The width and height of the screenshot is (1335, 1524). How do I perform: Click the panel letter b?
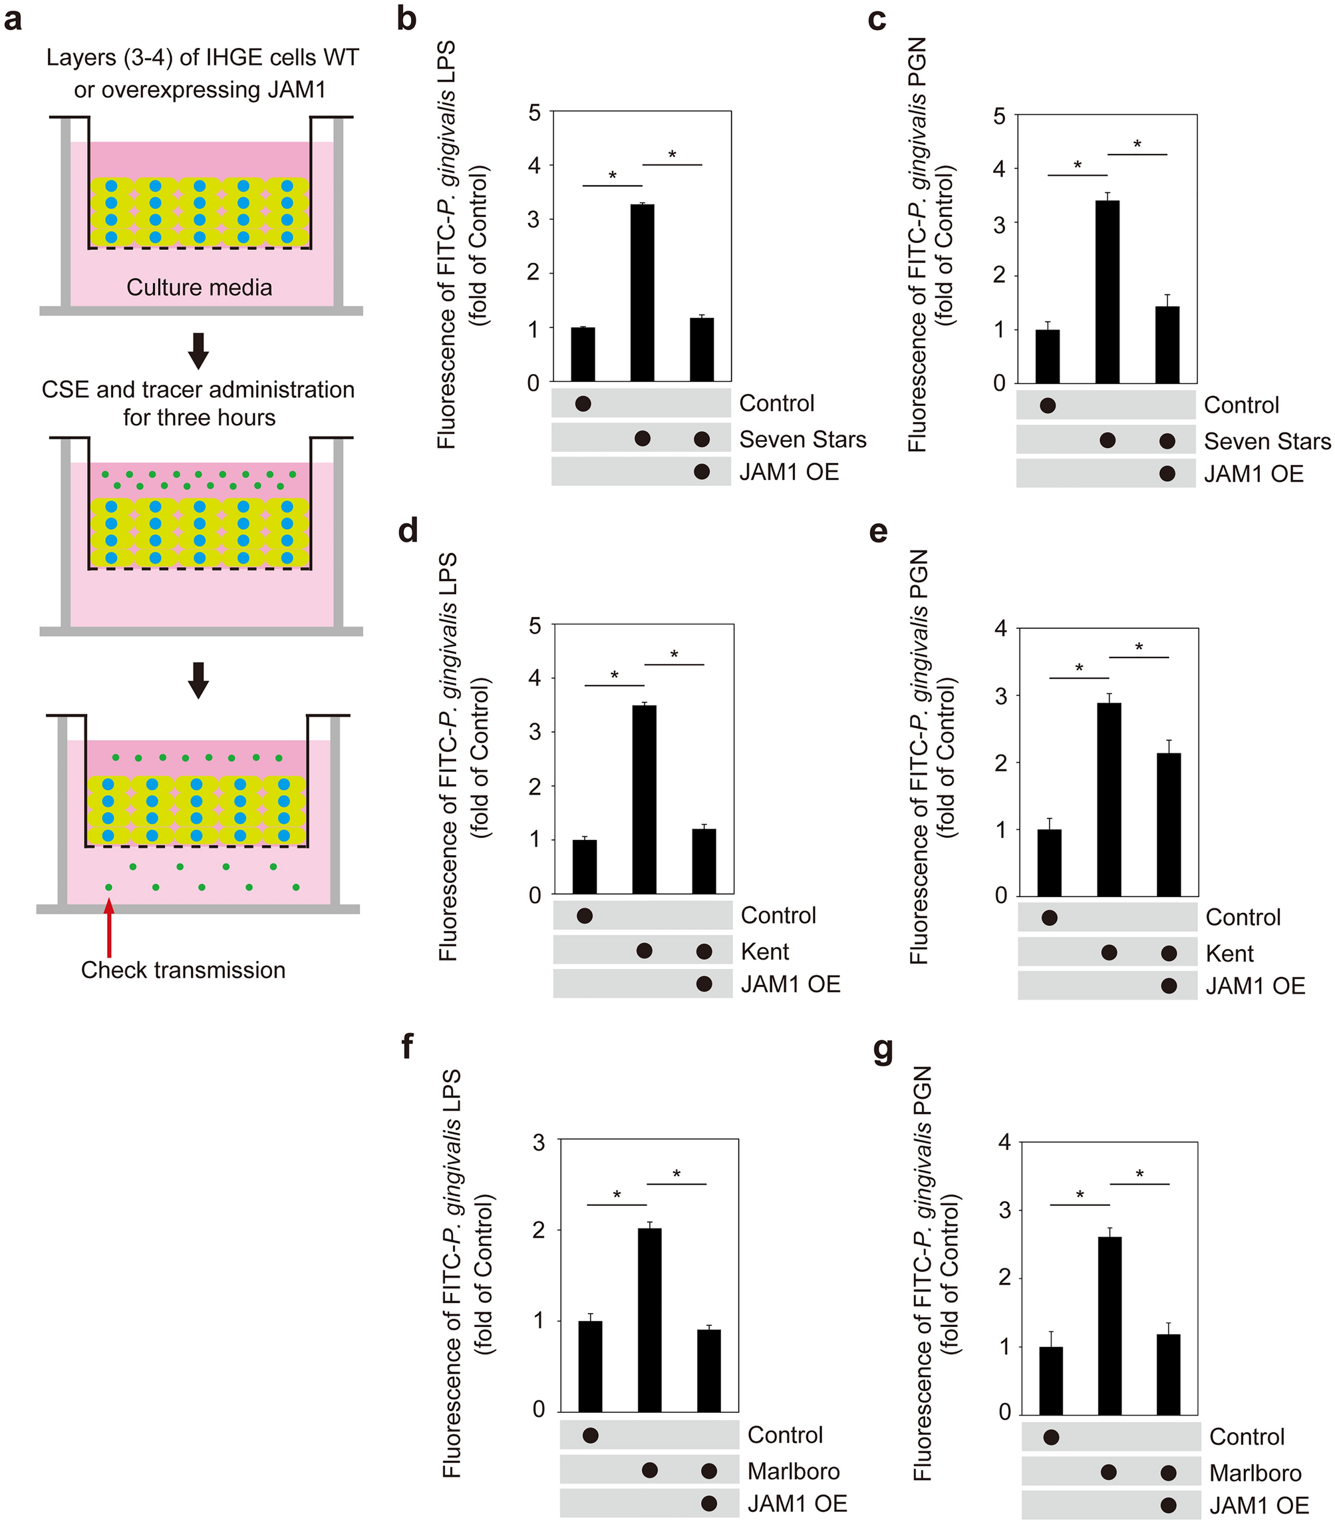[x=406, y=19]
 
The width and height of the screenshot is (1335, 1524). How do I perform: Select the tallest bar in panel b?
[x=642, y=292]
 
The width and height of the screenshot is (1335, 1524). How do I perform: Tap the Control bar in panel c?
[x=1048, y=356]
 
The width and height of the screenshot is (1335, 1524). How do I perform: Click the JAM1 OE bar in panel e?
[x=1169, y=825]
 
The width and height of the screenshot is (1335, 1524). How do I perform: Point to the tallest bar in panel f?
[x=650, y=1320]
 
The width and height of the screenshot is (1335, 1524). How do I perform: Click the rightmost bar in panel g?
[x=1169, y=1374]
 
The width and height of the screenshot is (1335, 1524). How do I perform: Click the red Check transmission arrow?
[x=110, y=927]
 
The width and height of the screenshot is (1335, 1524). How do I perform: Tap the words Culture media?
[x=199, y=287]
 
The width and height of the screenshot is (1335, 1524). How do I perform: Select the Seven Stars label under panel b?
[x=802, y=440]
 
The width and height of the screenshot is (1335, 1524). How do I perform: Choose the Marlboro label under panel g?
[x=1255, y=1473]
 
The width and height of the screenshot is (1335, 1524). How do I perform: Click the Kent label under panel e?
[x=1229, y=953]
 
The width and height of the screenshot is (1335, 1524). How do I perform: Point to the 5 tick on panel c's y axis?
[x=1000, y=116]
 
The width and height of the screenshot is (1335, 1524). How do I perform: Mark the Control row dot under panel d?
[x=585, y=915]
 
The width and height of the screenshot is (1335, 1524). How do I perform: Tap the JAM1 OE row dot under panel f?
[x=708, y=1503]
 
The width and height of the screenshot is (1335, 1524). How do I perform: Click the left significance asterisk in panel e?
[x=1079, y=668]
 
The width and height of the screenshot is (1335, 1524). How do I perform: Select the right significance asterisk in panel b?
[x=672, y=155]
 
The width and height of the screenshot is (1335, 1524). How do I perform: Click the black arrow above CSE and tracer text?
[x=198, y=351]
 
